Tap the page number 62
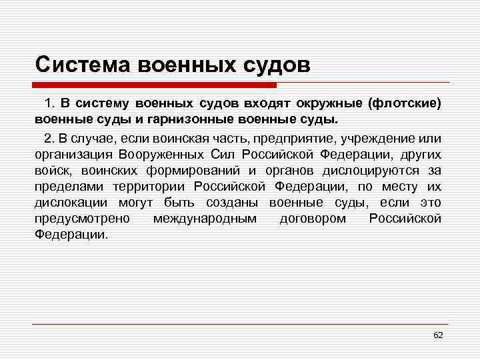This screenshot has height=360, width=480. coord(438,335)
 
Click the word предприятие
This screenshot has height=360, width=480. coord(291,137)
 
